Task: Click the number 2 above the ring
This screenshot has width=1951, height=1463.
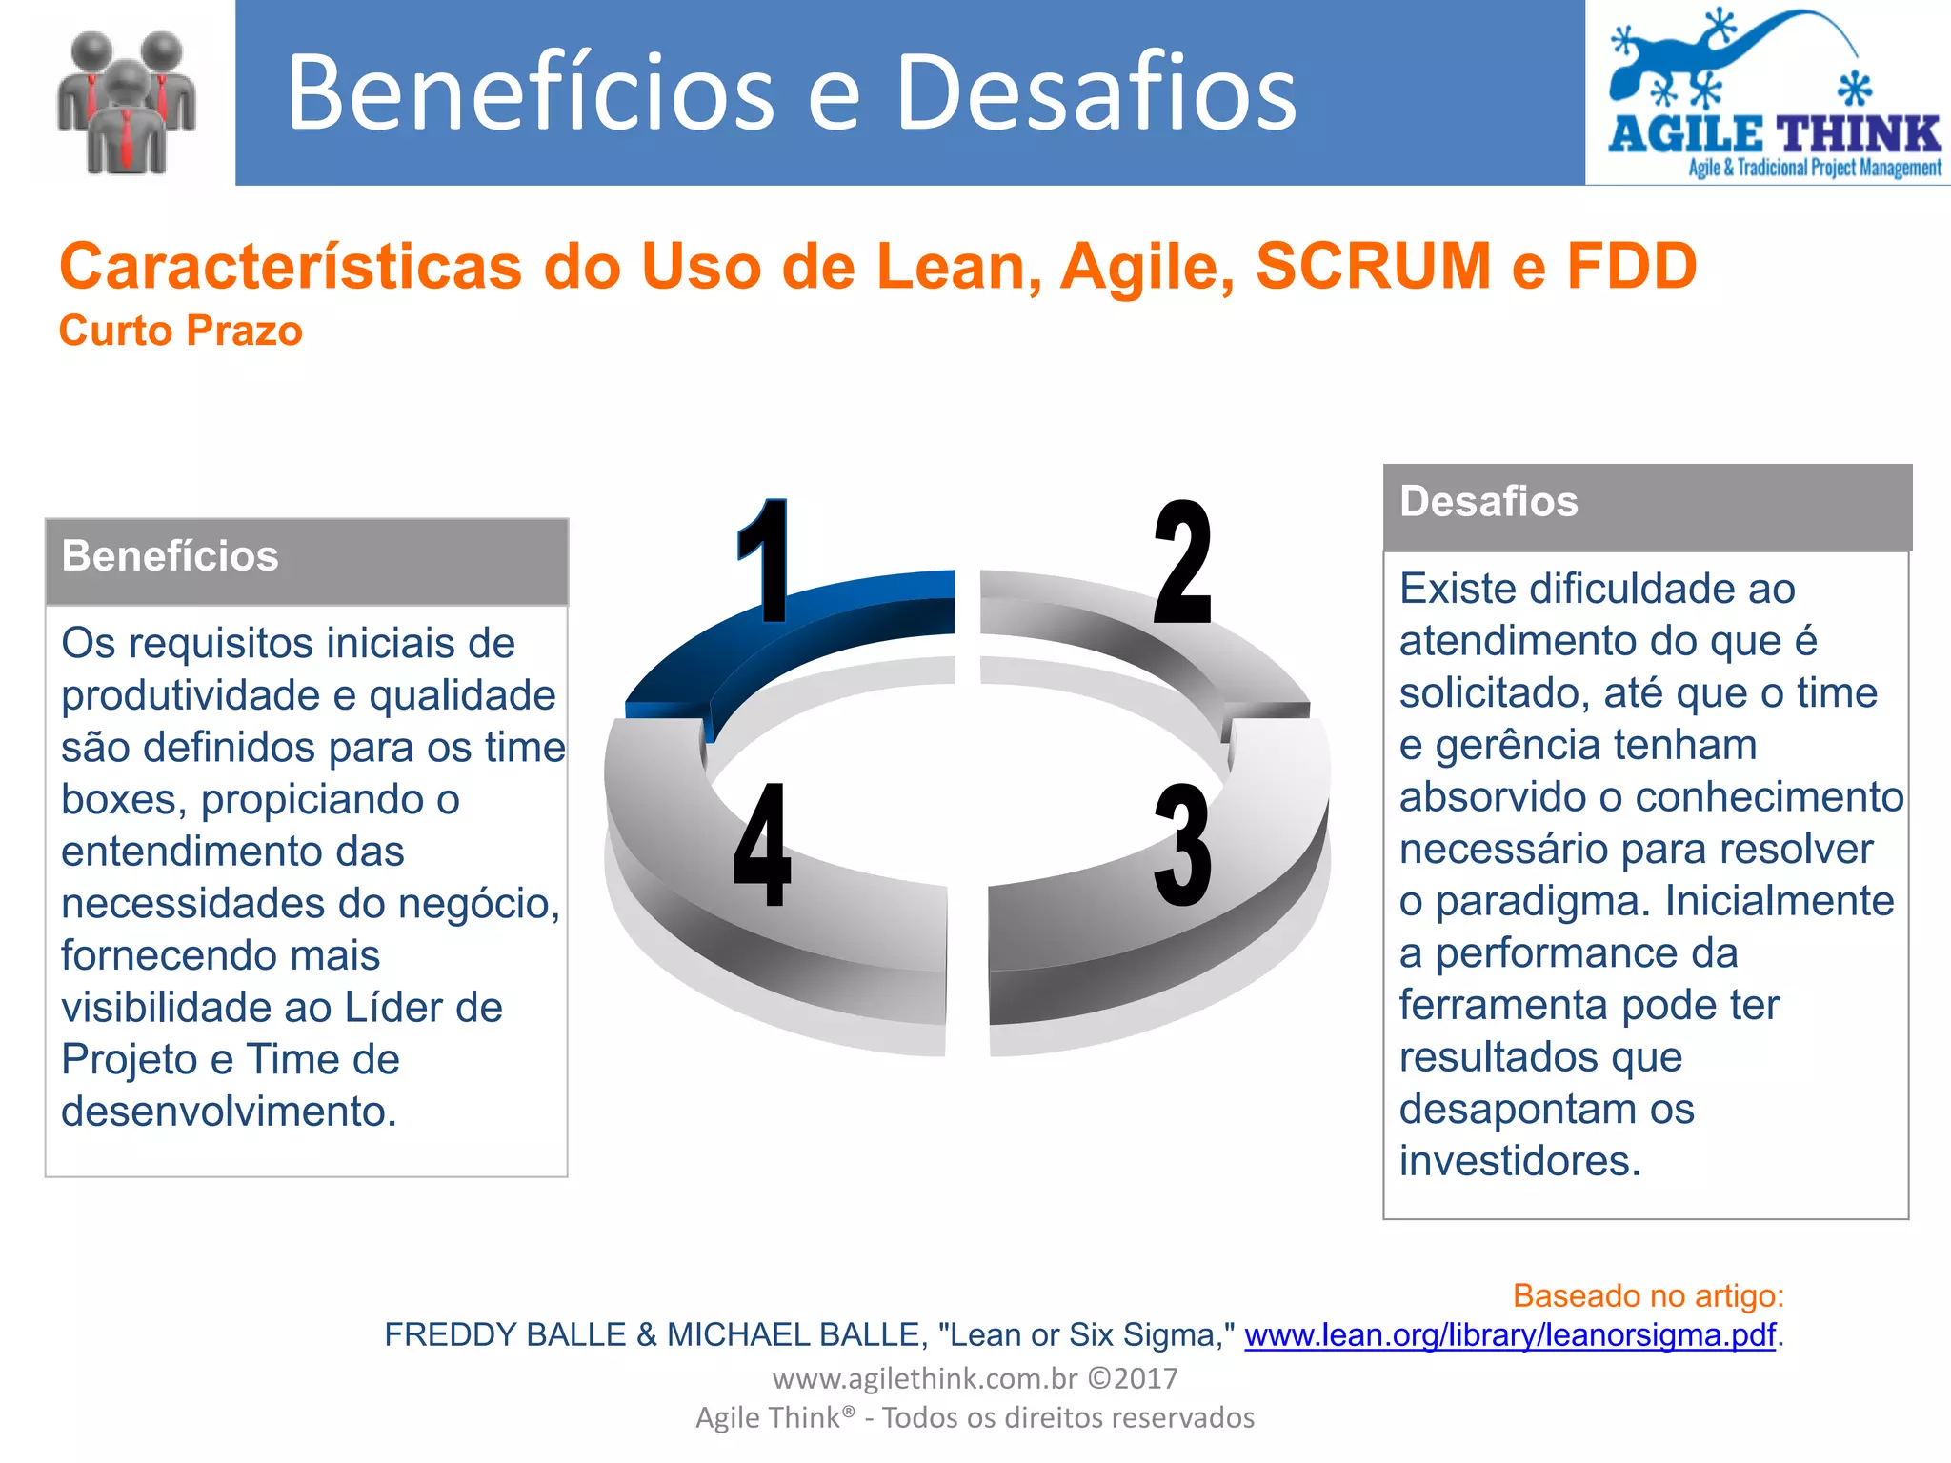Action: point(1182,562)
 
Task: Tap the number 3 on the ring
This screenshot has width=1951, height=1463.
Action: point(1182,845)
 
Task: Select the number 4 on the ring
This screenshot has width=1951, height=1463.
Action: point(762,845)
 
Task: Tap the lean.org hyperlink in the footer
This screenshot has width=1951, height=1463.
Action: point(1510,1335)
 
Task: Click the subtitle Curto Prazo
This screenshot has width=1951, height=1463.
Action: point(181,331)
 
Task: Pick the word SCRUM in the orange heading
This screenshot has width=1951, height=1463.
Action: point(1373,266)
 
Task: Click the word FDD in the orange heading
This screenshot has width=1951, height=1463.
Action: point(1632,266)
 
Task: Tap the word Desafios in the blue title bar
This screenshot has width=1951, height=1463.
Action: point(1096,92)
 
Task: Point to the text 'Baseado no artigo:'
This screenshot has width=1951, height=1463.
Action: point(1648,1295)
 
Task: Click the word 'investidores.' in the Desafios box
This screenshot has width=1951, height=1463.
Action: point(1520,1161)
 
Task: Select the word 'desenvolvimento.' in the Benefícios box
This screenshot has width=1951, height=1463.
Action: point(229,1112)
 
